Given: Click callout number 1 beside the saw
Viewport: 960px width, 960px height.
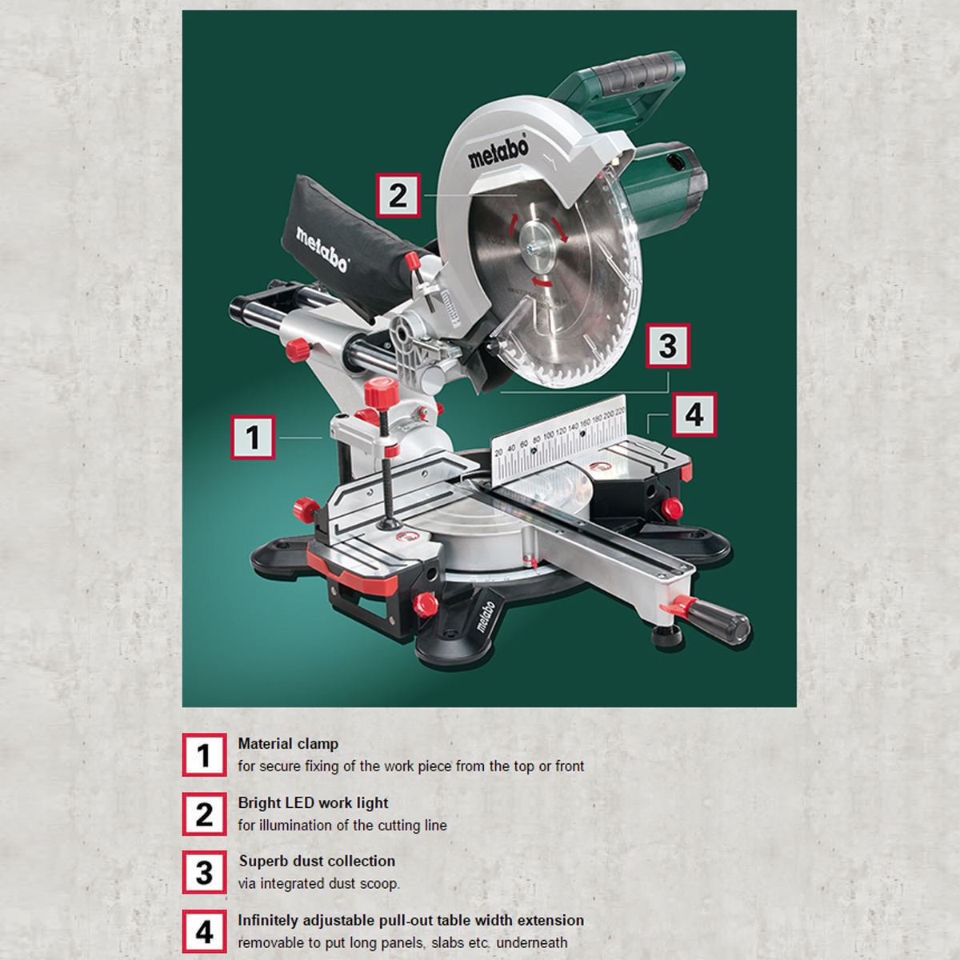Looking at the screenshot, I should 253,437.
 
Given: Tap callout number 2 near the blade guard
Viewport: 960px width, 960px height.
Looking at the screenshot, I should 398,195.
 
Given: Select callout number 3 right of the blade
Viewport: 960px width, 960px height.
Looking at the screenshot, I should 667,346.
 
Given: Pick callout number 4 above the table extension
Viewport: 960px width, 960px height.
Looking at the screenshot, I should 694,414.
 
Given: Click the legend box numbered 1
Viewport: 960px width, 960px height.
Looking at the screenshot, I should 204,755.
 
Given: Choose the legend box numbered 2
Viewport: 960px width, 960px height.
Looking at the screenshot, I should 204,814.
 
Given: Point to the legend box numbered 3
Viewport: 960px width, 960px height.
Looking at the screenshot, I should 204,872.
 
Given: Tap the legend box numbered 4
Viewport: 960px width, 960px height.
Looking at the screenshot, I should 204,931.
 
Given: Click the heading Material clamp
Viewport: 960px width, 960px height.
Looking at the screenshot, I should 288,744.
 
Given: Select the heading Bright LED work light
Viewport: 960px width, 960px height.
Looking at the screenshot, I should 313,803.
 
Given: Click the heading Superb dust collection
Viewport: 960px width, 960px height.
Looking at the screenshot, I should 317,862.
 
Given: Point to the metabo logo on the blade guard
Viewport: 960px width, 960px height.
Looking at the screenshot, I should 498,151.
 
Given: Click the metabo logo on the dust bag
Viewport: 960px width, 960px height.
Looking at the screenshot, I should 322,249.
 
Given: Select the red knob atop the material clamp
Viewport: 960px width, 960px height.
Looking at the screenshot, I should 381,392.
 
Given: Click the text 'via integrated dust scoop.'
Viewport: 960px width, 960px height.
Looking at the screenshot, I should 318,884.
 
